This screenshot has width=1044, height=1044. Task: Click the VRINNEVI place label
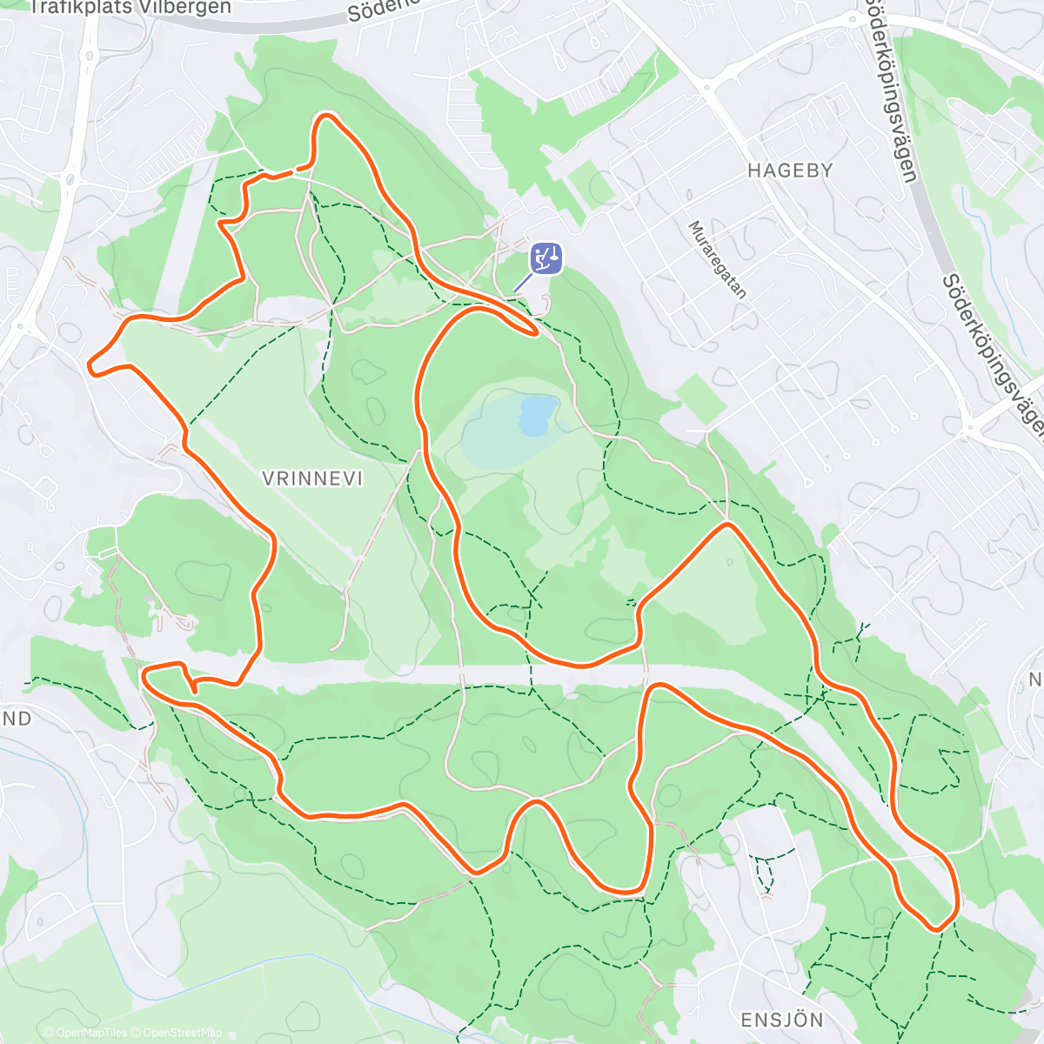tap(311, 478)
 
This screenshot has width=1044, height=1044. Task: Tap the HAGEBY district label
tap(790, 171)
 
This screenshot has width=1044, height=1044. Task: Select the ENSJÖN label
tap(782, 1020)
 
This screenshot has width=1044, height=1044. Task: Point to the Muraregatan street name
tap(718, 259)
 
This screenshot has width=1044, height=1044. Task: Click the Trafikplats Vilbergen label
tap(130, 8)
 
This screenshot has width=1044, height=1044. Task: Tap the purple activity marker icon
tap(545, 258)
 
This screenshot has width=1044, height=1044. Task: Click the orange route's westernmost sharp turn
tap(91, 366)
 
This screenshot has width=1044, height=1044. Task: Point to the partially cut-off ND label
tap(16, 719)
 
